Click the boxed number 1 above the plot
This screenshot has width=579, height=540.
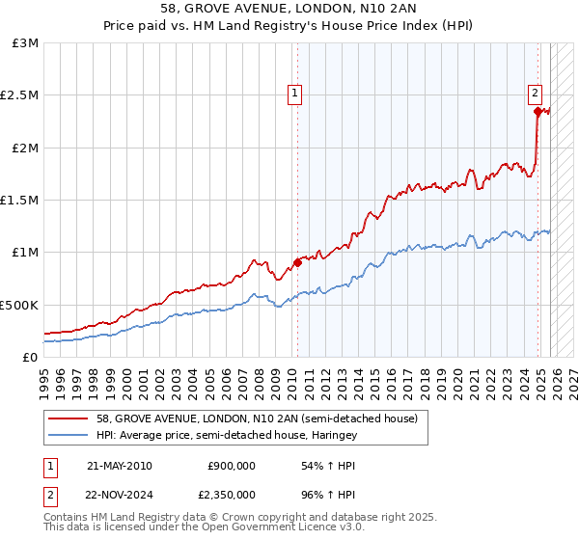coord(295,94)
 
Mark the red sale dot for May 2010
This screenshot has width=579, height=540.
coord(297,262)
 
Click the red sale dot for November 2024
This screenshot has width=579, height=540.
coord(538,112)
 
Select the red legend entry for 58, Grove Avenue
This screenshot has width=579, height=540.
coord(256,419)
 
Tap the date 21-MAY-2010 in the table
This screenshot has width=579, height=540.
coord(120,466)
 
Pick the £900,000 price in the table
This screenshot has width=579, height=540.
coord(232,466)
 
